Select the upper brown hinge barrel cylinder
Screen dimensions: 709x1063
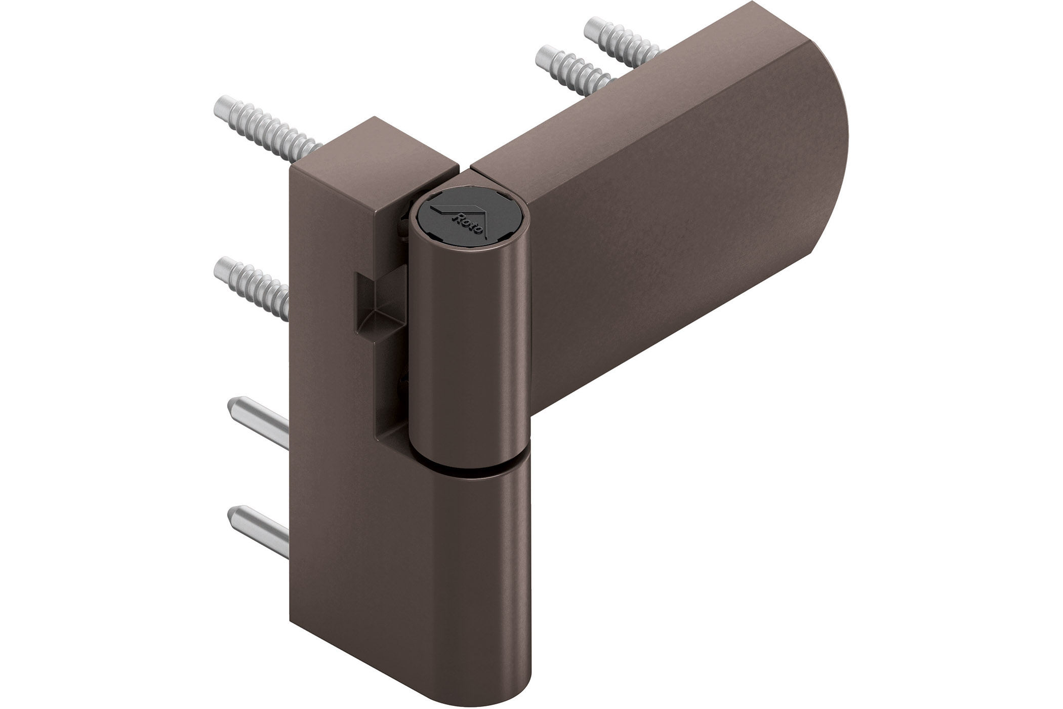[468, 354]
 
